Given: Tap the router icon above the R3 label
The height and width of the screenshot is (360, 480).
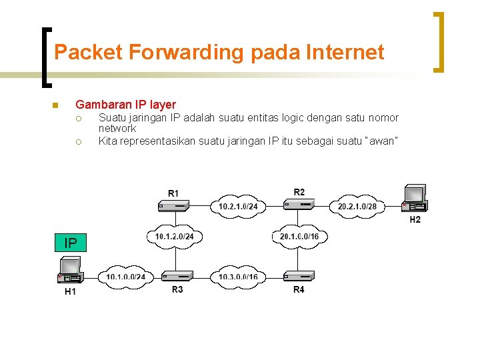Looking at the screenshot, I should [x=177, y=275].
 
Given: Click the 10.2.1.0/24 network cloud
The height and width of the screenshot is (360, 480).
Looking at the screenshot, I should [x=238, y=206].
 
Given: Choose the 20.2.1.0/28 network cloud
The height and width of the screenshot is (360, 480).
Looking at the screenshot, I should [x=357, y=206].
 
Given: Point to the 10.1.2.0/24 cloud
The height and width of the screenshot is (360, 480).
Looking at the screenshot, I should [x=174, y=237].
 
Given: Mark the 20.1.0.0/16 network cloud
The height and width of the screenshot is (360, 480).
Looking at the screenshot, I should [x=299, y=237].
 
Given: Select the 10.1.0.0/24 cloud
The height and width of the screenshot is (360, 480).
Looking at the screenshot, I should [x=125, y=277].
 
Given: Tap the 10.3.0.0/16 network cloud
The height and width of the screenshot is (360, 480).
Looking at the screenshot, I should [x=238, y=276].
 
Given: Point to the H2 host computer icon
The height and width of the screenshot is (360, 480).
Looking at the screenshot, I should [x=414, y=198].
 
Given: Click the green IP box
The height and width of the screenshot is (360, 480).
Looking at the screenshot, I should [x=70, y=243].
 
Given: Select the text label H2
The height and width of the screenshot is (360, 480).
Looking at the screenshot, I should [x=415, y=219].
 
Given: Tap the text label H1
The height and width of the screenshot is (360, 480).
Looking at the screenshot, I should [x=70, y=292].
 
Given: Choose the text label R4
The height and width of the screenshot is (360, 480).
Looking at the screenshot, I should [x=299, y=289].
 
